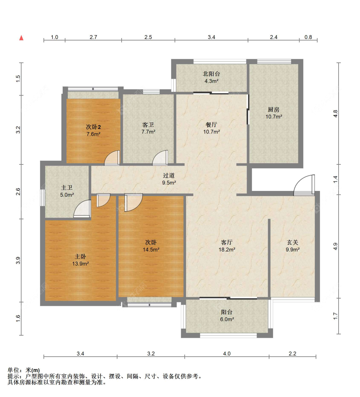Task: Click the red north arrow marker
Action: click(x=21, y=38)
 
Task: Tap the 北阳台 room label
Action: click(x=211, y=74)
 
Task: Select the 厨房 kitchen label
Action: click(x=274, y=109)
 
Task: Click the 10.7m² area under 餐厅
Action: click(x=212, y=132)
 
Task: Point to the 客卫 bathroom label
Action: click(x=148, y=125)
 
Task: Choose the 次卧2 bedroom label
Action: click(x=93, y=127)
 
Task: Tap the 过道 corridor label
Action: click(x=169, y=175)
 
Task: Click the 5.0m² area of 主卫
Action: click(x=67, y=195)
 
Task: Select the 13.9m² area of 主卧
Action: click(x=80, y=264)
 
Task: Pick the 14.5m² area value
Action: click(x=151, y=250)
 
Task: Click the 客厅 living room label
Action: click(x=227, y=242)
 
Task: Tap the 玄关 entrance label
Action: click(x=292, y=242)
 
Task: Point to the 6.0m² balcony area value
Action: click(x=227, y=319)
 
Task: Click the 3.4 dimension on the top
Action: click(x=211, y=37)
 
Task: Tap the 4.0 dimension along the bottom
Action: click(x=227, y=354)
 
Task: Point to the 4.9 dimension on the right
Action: click(x=335, y=246)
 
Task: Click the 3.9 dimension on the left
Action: click(x=18, y=260)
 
